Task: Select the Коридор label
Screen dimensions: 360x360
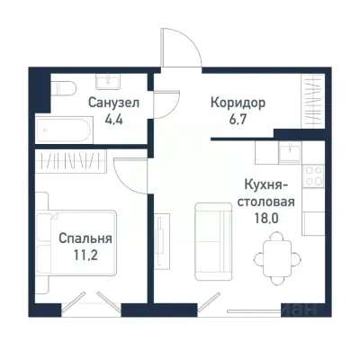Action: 239,102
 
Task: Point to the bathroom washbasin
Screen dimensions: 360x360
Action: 105,80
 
